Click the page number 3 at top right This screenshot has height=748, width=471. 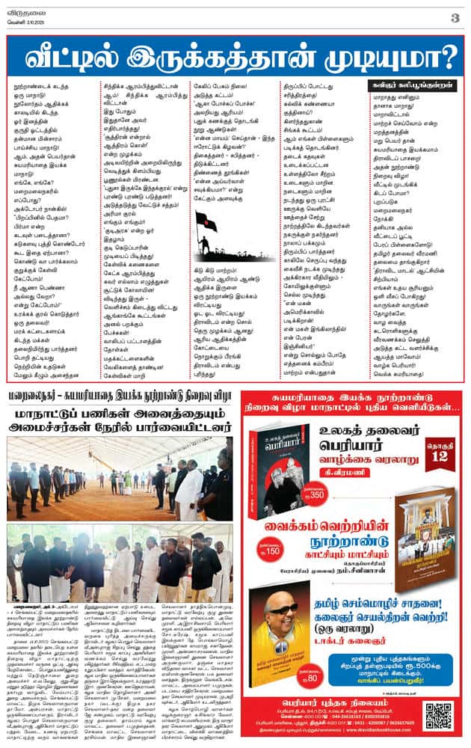(455, 17)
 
